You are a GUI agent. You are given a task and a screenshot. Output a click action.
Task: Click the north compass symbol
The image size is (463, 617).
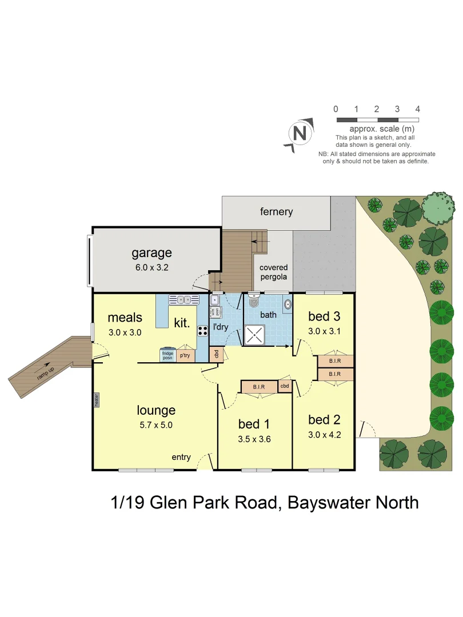(x=299, y=134)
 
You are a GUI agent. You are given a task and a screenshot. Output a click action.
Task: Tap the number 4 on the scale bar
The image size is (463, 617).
(x=418, y=109)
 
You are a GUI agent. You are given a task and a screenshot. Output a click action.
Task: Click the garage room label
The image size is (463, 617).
(x=151, y=253)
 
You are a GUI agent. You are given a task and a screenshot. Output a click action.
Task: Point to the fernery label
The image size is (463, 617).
(x=276, y=211)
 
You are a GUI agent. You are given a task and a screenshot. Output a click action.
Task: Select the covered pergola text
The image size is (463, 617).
(x=273, y=272)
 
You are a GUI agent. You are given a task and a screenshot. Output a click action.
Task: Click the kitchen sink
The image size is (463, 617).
(x=183, y=299)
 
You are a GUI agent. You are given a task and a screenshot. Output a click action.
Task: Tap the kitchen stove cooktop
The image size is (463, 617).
(x=202, y=330)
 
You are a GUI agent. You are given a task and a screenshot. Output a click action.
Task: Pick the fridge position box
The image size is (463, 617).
(x=167, y=354)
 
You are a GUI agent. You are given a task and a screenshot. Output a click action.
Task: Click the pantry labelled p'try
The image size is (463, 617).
(x=185, y=355)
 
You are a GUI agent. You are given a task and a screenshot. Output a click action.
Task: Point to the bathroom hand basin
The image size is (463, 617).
(x=287, y=304)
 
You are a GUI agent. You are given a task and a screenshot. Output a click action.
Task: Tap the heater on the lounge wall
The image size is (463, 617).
(x=97, y=399)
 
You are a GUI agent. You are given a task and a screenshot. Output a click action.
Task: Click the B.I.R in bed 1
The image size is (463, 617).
(x=259, y=387)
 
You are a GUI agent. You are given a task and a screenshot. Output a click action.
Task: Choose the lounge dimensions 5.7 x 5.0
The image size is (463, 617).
(x=155, y=424)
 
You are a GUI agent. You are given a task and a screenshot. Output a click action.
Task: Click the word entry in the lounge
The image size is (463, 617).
(x=181, y=457)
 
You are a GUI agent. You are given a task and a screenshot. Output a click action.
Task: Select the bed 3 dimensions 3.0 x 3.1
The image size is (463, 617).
(x=324, y=331)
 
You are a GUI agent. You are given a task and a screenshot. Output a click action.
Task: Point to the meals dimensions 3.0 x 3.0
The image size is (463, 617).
(x=124, y=332)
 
